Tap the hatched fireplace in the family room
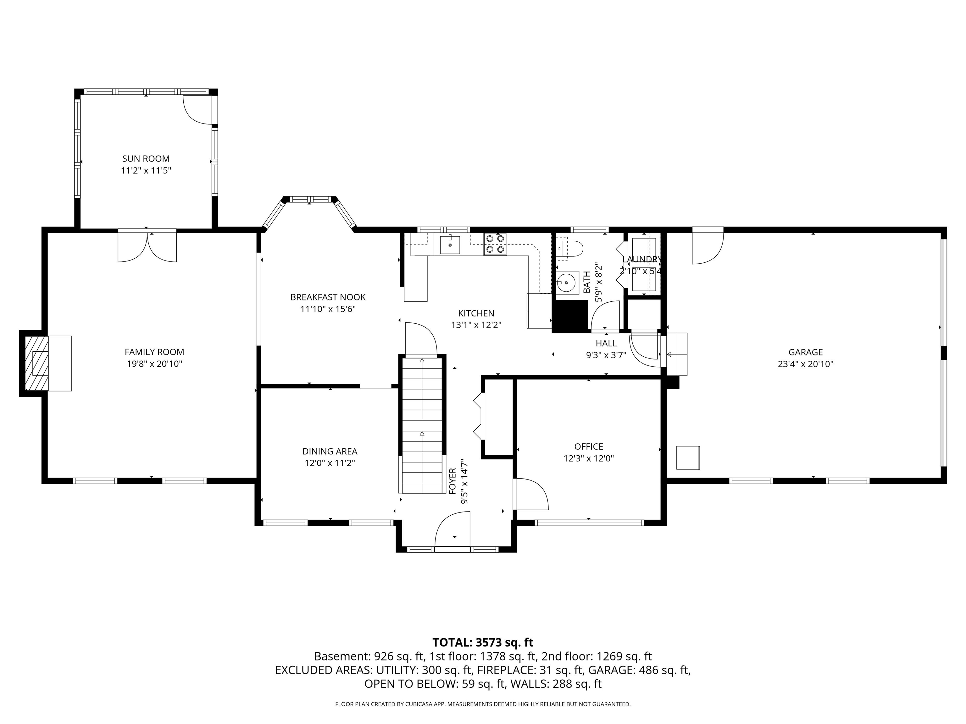(37, 363)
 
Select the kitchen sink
(449, 244)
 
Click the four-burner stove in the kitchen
(495, 244)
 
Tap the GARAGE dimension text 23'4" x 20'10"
(805, 364)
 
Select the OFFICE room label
(588, 447)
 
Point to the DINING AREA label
(330, 451)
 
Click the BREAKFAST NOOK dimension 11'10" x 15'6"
(328, 309)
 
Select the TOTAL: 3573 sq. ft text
(483, 642)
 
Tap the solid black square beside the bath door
(570, 316)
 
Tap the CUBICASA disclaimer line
(483, 704)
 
